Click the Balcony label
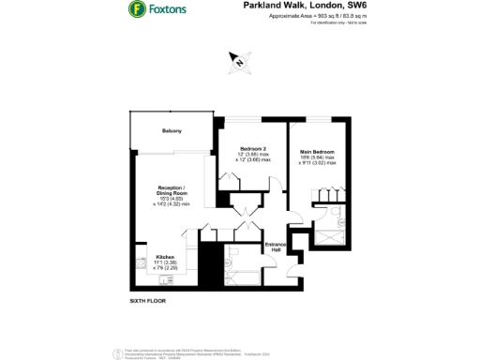(172, 130)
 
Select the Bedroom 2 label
(253, 149)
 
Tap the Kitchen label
(165, 254)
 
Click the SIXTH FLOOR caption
(149, 301)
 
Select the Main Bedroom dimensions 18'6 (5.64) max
(318, 158)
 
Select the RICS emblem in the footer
(119, 353)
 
